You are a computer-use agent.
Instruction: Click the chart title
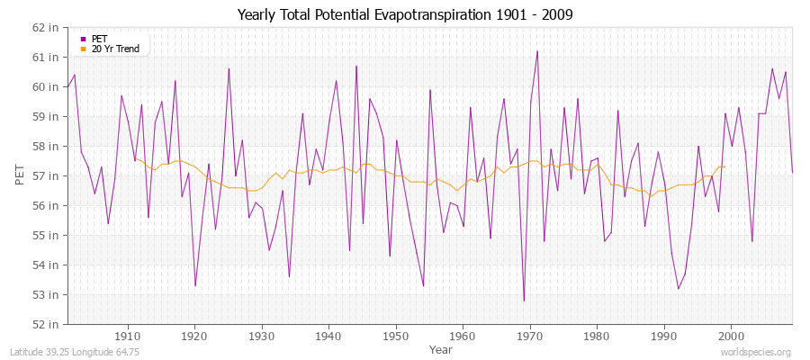(404, 15)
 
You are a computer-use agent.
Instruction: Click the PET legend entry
(99, 39)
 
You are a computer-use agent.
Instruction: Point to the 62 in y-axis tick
(47, 27)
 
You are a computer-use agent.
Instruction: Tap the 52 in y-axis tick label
(47, 324)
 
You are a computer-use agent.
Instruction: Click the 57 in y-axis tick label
(47, 175)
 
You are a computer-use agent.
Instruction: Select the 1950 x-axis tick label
(396, 334)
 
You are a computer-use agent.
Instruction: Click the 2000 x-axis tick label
(731, 334)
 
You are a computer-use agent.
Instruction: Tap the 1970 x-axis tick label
(530, 334)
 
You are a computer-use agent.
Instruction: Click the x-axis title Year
(429, 348)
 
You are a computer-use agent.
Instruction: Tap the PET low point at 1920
(195, 285)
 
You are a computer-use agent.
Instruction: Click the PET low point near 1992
(678, 288)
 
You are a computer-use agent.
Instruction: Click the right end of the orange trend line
(724, 166)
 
